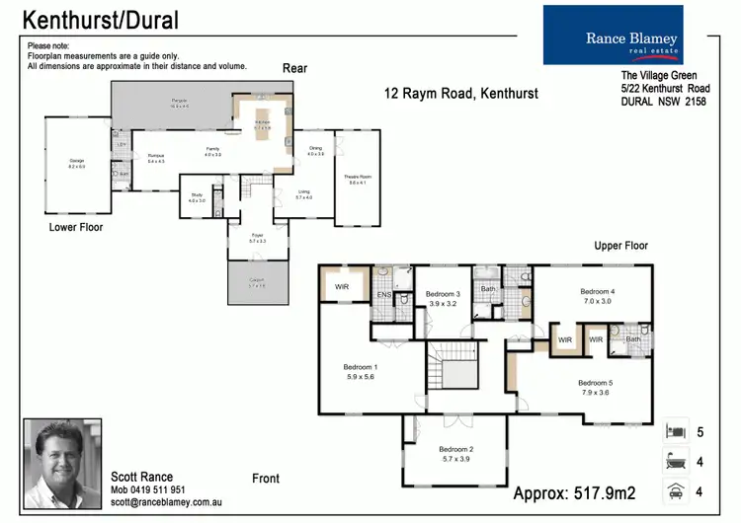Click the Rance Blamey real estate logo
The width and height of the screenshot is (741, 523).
pos(626,36)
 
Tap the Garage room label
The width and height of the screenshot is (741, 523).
pos(76,161)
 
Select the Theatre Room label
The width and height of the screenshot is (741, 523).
pos(358,177)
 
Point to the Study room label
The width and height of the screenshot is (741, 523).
pos(197,196)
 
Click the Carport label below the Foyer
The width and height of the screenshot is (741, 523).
pos(256,280)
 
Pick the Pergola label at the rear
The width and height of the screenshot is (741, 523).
pos(179,101)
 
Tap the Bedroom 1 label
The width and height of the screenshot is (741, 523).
pos(360,367)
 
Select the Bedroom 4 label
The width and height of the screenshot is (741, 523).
pos(597,291)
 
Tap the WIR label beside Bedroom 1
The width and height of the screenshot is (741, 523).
pos(342,287)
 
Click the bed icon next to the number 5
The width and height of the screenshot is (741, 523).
pos(677,431)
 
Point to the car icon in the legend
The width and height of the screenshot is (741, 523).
pos(677,490)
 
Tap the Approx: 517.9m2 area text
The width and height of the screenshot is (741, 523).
pos(574,490)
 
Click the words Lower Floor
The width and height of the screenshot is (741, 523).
pos(76,227)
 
